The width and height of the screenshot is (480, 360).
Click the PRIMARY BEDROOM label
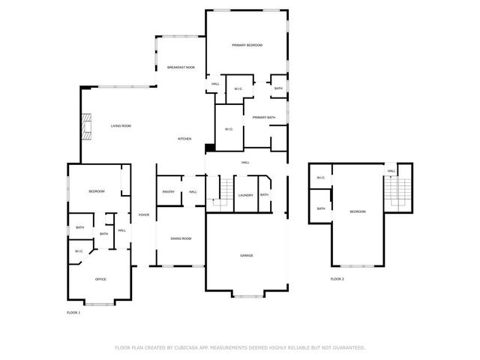(247, 46)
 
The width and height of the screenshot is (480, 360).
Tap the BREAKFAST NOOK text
(181, 67)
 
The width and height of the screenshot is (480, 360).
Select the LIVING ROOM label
(121, 126)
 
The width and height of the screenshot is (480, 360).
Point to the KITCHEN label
(184, 139)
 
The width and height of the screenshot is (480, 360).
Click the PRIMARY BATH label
(264, 118)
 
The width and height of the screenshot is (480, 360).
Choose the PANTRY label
(168, 192)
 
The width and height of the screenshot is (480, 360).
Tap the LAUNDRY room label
(245, 195)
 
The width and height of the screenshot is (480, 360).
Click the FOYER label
(143, 215)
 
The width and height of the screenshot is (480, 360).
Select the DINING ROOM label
(181, 238)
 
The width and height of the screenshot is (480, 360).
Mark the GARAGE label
(246, 256)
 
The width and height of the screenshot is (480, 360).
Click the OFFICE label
(100, 279)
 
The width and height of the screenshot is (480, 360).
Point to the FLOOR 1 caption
(73, 312)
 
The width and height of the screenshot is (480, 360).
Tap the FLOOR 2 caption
(337, 279)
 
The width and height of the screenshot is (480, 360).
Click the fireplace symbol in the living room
(87, 126)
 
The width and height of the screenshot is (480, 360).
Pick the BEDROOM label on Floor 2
(358, 212)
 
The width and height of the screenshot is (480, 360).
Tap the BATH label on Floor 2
(320, 208)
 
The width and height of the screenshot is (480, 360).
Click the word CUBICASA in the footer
(197, 347)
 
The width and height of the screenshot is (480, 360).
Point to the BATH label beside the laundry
(264, 195)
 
